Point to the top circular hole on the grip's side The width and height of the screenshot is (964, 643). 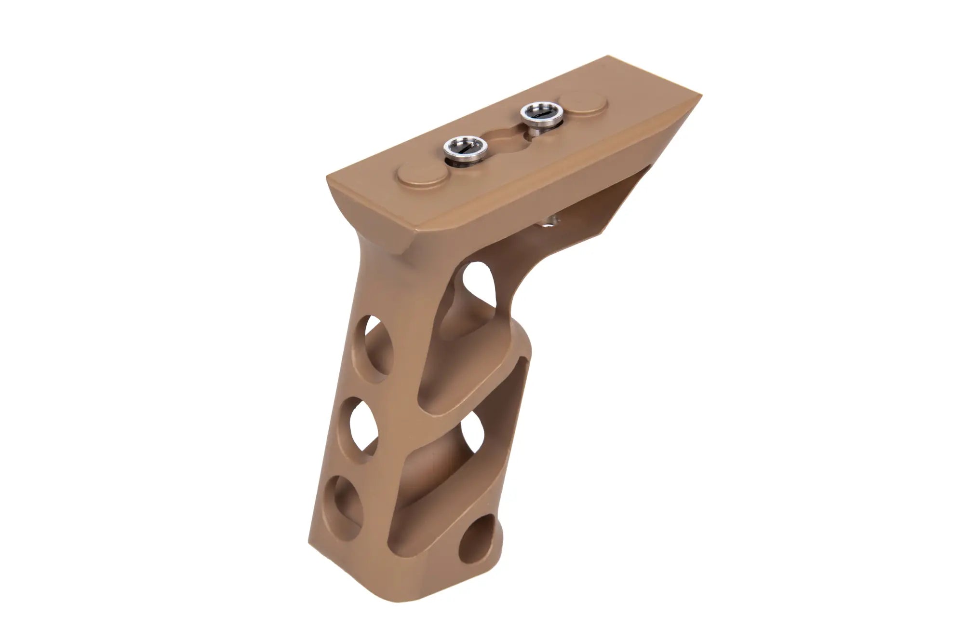378,344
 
